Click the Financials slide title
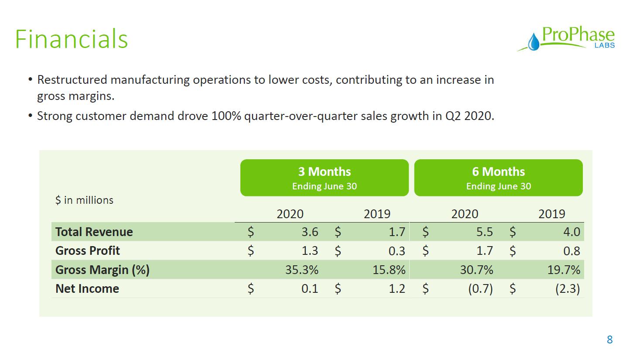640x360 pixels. point(72,39)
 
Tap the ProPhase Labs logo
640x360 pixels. point(567,39)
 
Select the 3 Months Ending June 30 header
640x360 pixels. point(324,178)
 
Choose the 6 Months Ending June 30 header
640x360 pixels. point(498,178)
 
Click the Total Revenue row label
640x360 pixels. point(94,232)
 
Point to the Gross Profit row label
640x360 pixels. point(87,250)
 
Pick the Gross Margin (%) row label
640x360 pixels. point(102,270)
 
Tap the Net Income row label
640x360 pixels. point(87,288)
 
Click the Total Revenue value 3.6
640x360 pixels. point(310,232)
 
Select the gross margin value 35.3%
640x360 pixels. point(301,270)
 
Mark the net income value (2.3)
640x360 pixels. point(567,288)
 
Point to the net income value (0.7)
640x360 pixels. point(480,288)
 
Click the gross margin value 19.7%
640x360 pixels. point(564,270)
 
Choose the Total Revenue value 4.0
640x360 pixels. point(572,232)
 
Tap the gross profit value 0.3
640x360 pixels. point(397,251)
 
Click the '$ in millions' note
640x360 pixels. point(84,200)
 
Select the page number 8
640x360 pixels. point(609,339)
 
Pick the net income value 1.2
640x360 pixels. point(397,288)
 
